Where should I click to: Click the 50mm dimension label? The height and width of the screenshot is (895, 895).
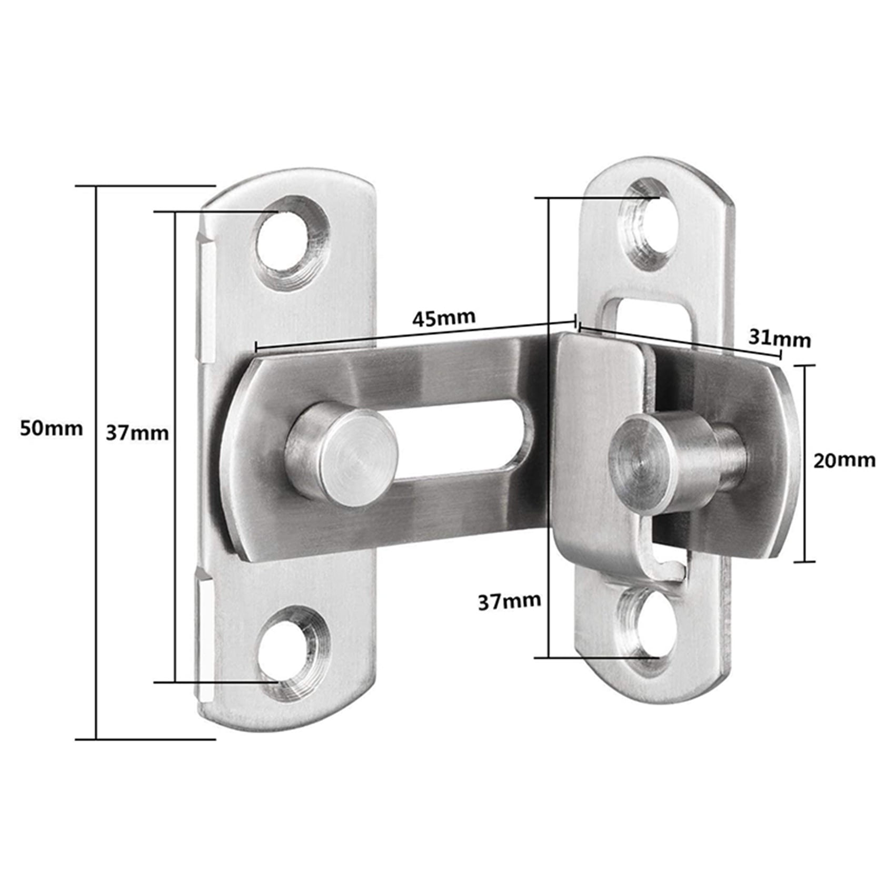[51, 429]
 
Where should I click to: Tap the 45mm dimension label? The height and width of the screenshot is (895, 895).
[444, 317]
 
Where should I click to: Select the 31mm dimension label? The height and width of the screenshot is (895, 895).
[780, 340]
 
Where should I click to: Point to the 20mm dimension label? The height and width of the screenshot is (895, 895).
[844, 461]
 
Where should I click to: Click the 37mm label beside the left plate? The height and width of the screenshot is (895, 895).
[137, 433]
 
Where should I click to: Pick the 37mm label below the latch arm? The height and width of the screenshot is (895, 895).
[509, 601]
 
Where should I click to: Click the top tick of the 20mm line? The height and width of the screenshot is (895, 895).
[804, 365]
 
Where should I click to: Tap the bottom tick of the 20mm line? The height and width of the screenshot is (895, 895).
[804, 562]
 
